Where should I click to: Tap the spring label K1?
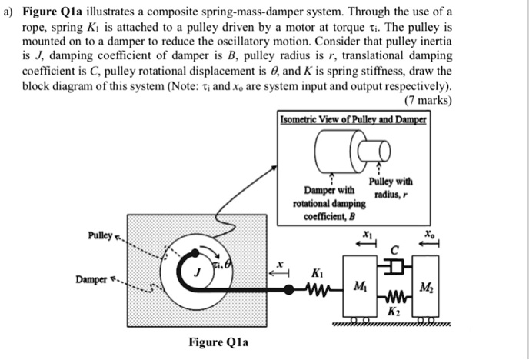pos(317,273)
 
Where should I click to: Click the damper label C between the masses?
pos(394,248)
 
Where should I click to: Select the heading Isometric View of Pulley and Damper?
pos(354,120)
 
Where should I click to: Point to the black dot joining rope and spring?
pos(288,290)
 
